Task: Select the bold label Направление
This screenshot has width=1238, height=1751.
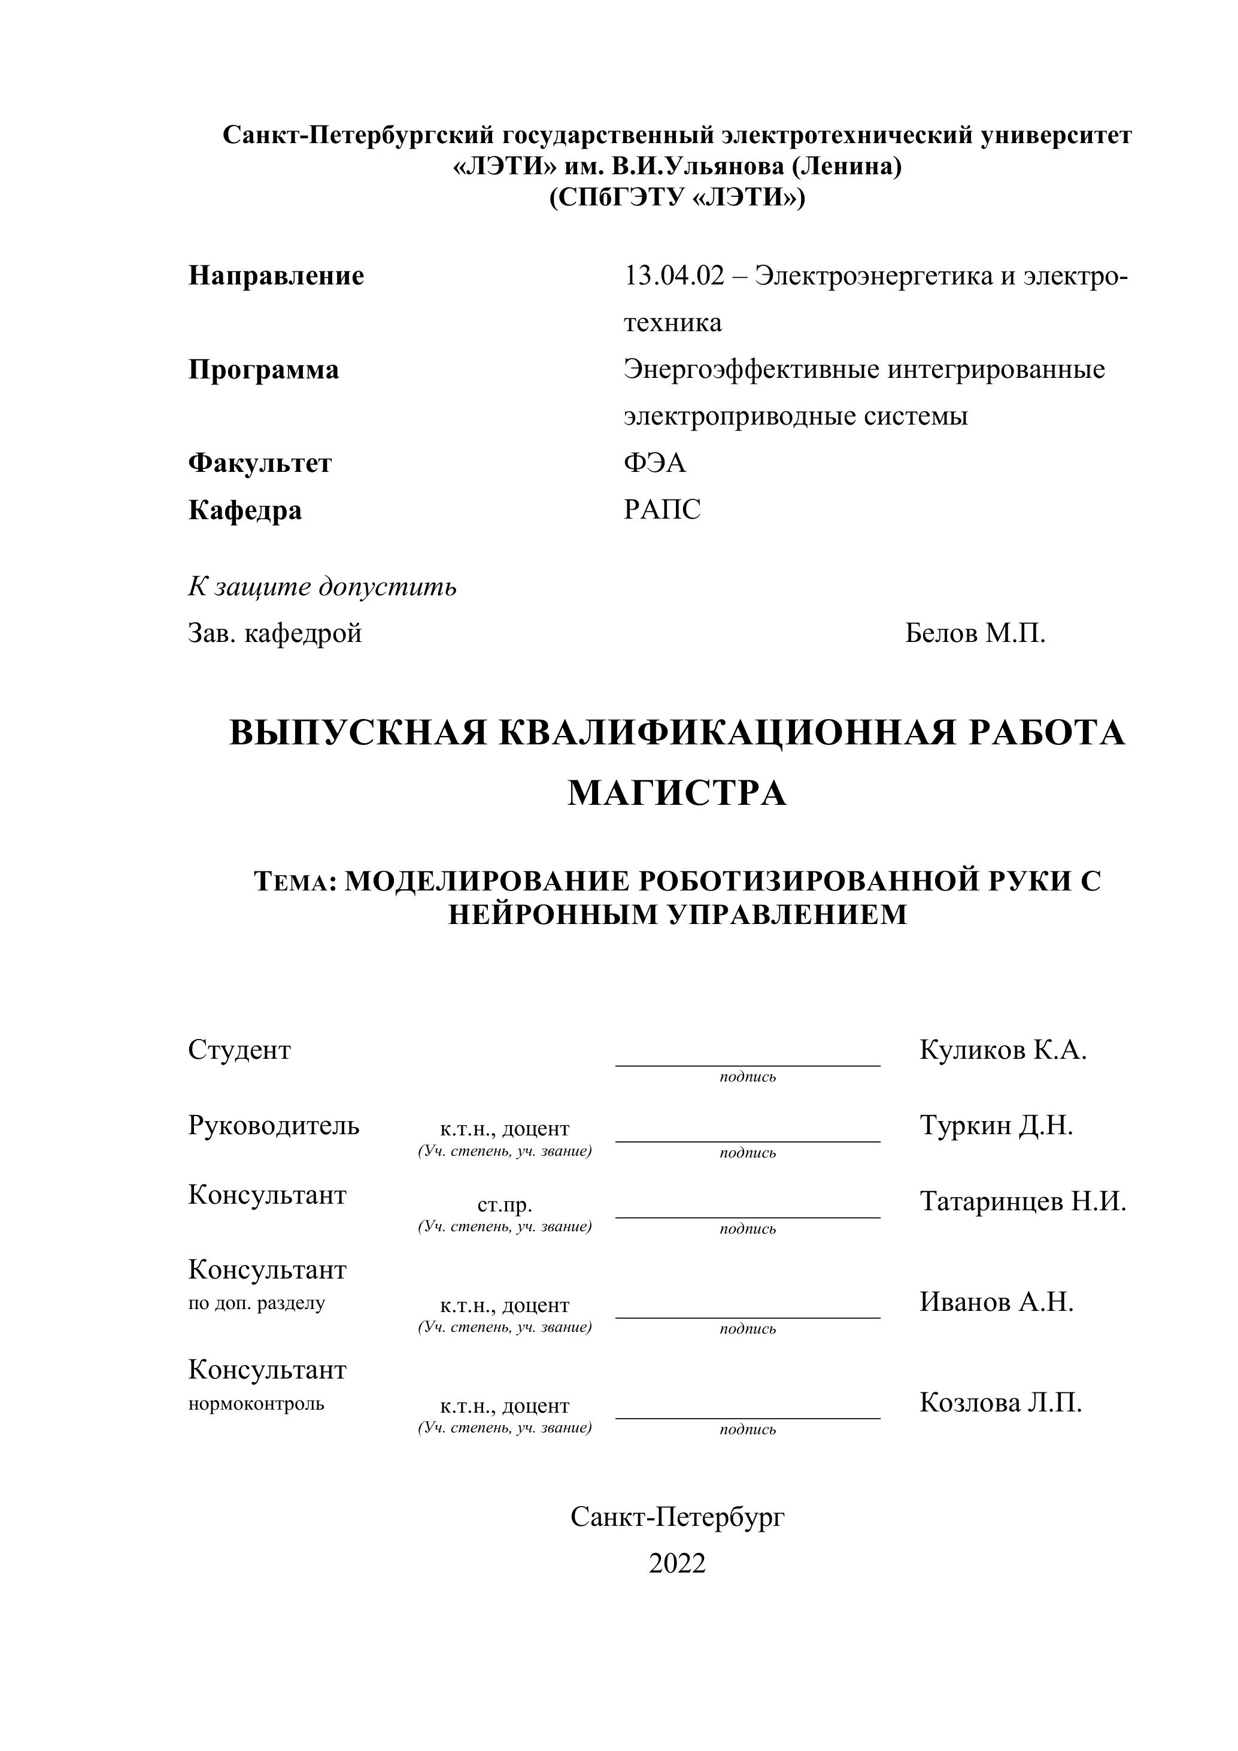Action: pyautogui.click(x=276, y=275)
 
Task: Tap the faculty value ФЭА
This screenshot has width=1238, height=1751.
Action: pyautogui.click(x=655, y=463)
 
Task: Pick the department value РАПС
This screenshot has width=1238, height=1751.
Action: pyautogui.click(x=662, y=510)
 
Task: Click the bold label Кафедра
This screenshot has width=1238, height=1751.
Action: pyautogui.click(x=245, y=510)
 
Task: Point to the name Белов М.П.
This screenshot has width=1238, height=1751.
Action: pyautogui.click(x=975, y=633)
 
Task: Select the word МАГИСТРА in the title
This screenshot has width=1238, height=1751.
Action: pyautogui.click(x=677, y=793)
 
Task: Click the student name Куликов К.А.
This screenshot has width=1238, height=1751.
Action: pyautogui.click(x=1003, y=1050)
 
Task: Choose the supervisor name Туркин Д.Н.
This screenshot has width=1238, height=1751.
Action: pyautogui.click(x=996, y=1126)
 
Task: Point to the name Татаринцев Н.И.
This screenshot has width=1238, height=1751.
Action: pyautogui.click(x=1022, y=1201)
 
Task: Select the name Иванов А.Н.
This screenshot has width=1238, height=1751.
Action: pyautogui.click(x=996, y=1301)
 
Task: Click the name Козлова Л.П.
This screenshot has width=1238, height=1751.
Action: pyautogui.click(x=1000, y=1402)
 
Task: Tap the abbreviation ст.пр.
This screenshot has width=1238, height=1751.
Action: pyautogui.click(x=505, y=1205)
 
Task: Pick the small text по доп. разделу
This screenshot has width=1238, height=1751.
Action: pyautogui.click(x=256, y=1303)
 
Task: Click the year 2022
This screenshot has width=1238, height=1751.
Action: pyautogui.click(x=677, y=1564)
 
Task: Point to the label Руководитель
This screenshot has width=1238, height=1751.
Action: pyautogui.click(x=274, y=1126)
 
